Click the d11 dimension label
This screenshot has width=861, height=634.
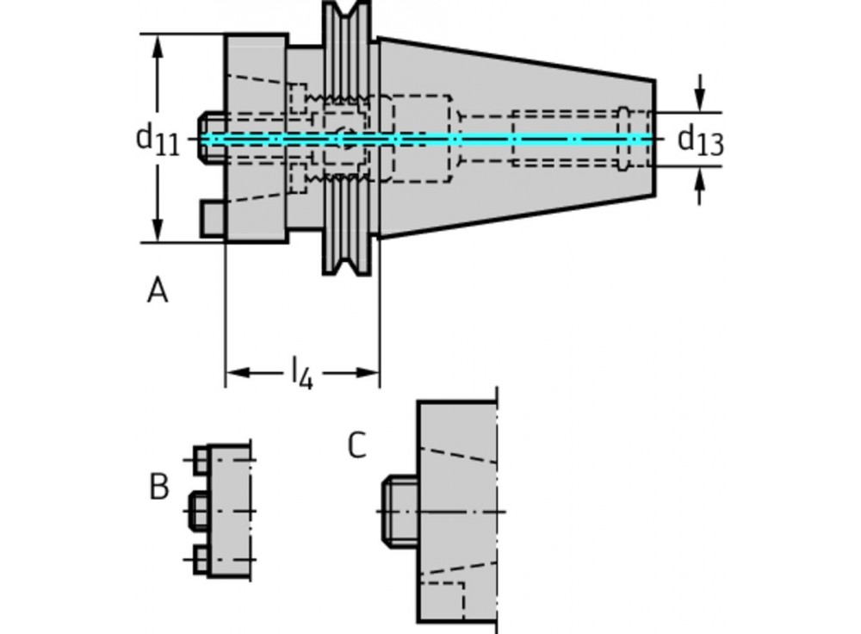[x=158, y=138]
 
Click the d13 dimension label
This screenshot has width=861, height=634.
[x=700, y=140]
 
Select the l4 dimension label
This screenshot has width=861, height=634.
[x=300, y=373]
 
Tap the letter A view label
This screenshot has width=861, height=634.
[x=157, y=291]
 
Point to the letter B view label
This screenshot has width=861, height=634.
[x=158, y=487]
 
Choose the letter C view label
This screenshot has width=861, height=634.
[x=356, y=445]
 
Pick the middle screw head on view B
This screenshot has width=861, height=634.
[x=196, y=510]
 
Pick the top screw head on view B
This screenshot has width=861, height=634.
[x=201, y=459]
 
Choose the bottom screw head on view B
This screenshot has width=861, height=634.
[x=201, y=561]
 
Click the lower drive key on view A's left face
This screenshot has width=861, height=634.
[x=213, y=218]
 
